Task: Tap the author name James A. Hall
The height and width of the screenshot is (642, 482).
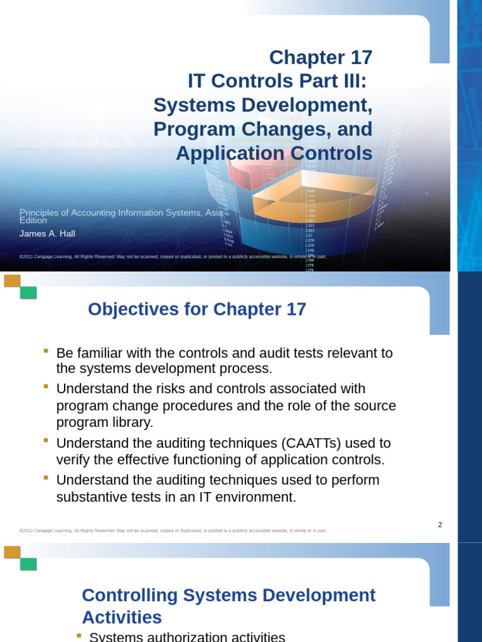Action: click(47, 233)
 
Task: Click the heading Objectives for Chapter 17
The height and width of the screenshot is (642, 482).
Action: click(197, 309)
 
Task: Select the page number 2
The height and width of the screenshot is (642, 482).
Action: click(440, 525)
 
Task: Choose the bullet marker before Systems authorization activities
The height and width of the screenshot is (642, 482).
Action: click(78, 635)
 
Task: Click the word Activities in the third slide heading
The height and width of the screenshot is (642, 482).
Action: click(122, 618)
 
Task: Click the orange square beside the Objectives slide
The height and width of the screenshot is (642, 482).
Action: click(12, 280)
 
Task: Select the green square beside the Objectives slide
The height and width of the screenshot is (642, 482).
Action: click(28, 292)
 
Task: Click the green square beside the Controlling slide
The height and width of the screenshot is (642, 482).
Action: click(28, 564)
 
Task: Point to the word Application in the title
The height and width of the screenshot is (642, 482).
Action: click(223, 153)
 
